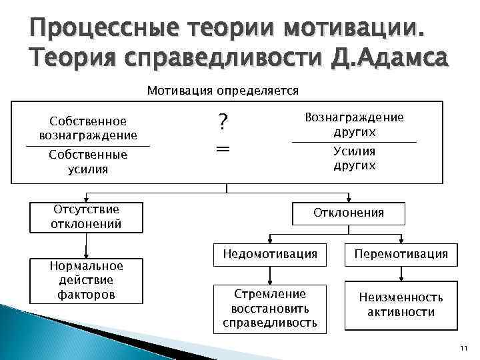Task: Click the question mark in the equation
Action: coord(223,122)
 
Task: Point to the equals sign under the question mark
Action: coord(223,150)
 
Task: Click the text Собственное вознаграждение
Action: coord(88,128)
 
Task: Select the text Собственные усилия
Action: coord(88,161)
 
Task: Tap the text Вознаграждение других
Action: coord(354,124)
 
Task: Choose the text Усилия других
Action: coord(354,158)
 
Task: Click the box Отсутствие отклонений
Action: coord(86,217)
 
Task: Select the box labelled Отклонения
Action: coord(349,213)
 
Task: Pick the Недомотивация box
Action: coord(270,254)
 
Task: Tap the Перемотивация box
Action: coord(401,254)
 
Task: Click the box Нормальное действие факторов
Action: coord(86,279)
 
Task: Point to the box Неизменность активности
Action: coord(401,305)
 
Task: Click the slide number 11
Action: coord(464,348)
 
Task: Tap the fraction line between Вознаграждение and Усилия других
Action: coord(354,142)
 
